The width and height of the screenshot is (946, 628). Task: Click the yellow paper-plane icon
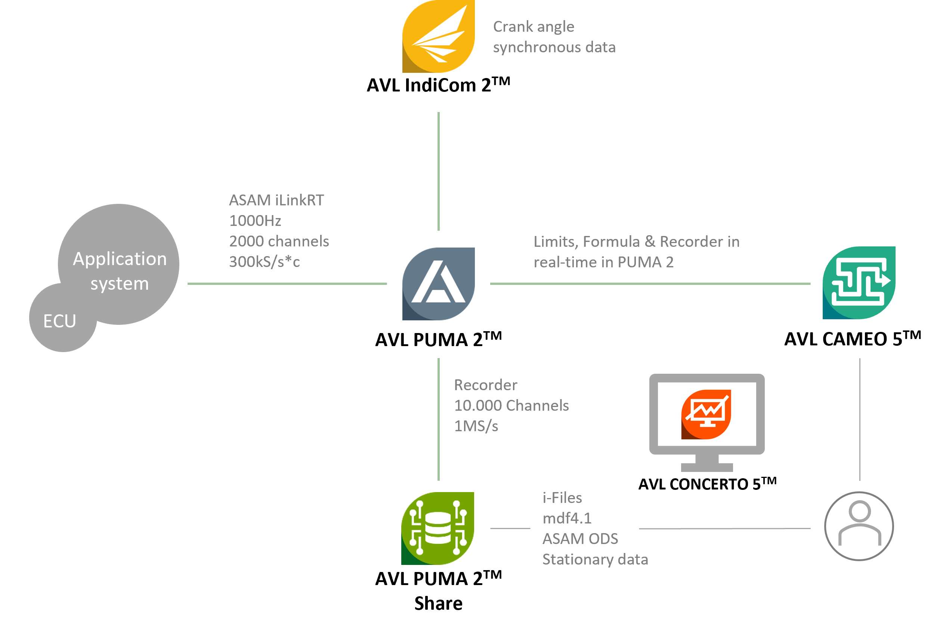pyautogui.click(x=438, y=36)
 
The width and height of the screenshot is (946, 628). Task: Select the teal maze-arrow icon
pyautogui.click(x=859, y=283)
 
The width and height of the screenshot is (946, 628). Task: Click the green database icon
pyautogui.click(x=438, y=528)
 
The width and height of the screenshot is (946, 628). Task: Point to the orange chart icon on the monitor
pyautogui.click(x=707, y=414)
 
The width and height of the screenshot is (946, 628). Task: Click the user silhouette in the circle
pyautogui.click(x=859, y=526)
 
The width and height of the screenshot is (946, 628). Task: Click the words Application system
pyautogui.click(x=120, y=271)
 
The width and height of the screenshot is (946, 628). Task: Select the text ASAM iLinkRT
pyautogui.click(x=276, y=200)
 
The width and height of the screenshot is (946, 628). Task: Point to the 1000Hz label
pyautogui.click(x=255, y=221)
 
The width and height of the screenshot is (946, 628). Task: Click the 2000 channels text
pyautogui.click(x=279, y=241)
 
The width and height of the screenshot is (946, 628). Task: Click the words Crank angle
pyautogui.click(x=533, y=27)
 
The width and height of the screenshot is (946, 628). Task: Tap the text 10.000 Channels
pyautogui.click(x=511, y=406)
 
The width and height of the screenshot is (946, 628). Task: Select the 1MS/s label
pyautogui.click(x=476, y=426)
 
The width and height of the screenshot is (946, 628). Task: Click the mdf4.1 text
pyautogui.click(x=567, y=518)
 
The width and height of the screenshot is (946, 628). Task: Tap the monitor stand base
pyautogui.click(x=707, y=467)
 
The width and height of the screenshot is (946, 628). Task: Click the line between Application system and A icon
pyautogui.click(x=287, y=283)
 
